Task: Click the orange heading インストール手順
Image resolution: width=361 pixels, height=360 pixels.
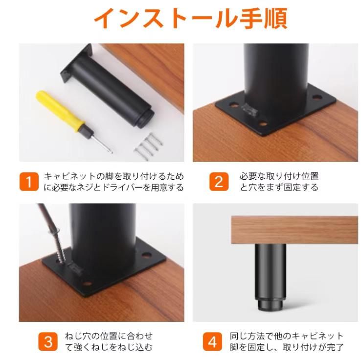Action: (x=190, y=19)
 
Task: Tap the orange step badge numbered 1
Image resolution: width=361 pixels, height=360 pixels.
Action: (x=29, y=182)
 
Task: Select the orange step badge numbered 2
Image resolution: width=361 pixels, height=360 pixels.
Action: (x=219, y=182)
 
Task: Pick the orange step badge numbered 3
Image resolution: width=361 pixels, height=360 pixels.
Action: (x=47, y=341)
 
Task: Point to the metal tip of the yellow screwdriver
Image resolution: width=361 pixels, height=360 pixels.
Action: (x=100, y=143)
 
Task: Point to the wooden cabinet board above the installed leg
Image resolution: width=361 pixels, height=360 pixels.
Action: (x=294, y=230)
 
